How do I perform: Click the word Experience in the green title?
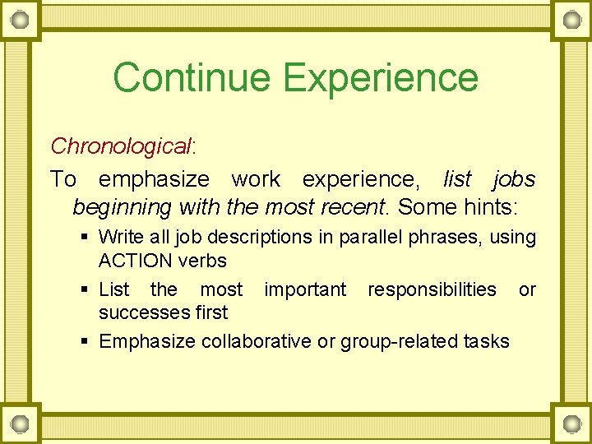(x=381, y=77)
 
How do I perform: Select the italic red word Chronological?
(x=120, y=146)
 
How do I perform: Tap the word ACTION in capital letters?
(x=134, y=261)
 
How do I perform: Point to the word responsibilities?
(x=432, y=289)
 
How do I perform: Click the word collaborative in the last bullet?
(x=256, y=341)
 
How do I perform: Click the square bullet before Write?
(x=85, y=238)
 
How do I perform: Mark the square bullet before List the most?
(x=85, y=290)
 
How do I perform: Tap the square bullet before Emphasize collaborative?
(x=85, y=342)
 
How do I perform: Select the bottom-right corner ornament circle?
(x=570, y=423)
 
